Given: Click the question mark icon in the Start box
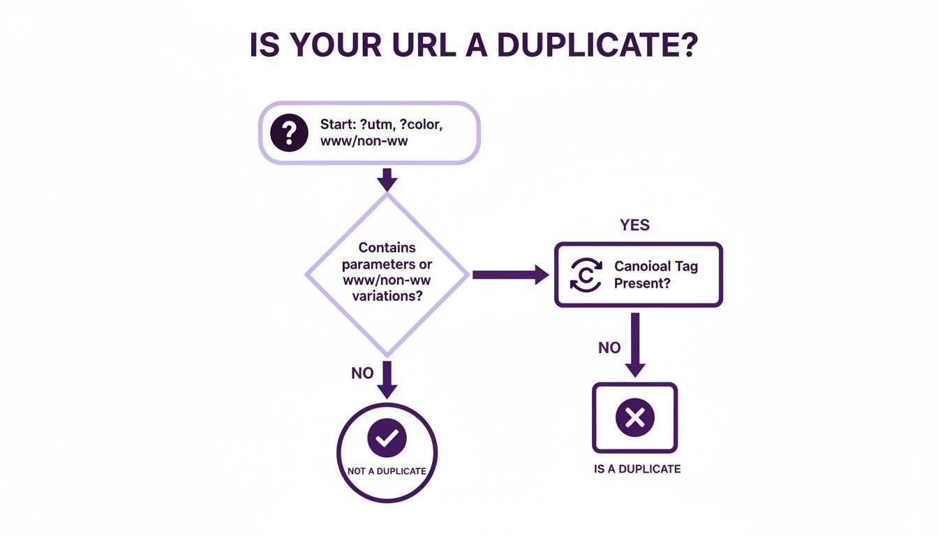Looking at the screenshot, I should [x=289, y=133].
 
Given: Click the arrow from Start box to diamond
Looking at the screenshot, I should [x=387, y=179].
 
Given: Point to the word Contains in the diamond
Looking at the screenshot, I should [x=387, y=248].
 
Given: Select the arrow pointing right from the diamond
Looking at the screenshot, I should [x=509, y=274].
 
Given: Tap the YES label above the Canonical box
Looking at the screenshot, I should [x=634, y=225].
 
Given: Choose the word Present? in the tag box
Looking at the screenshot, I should [x=642, y=283].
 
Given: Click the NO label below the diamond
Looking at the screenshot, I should [x=362, y=373].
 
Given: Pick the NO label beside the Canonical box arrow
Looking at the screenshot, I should [x=609, y=348].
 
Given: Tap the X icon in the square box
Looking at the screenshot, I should [x=635, y=417].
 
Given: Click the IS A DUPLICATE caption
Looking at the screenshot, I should [x=636, y=469].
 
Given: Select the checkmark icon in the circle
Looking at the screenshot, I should [x=387, y=438].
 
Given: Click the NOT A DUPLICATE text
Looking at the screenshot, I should [x=387, y=471].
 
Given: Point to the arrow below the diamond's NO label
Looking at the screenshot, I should [x=387, y=380].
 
